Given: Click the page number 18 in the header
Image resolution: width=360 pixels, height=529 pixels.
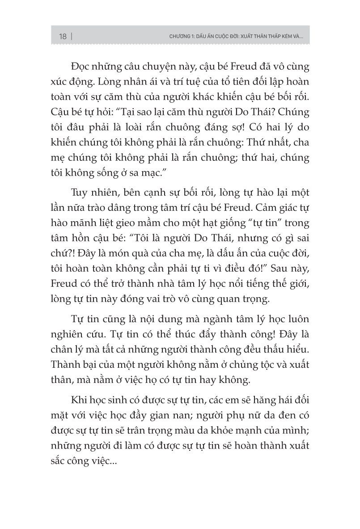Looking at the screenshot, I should [x=62, y=37].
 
